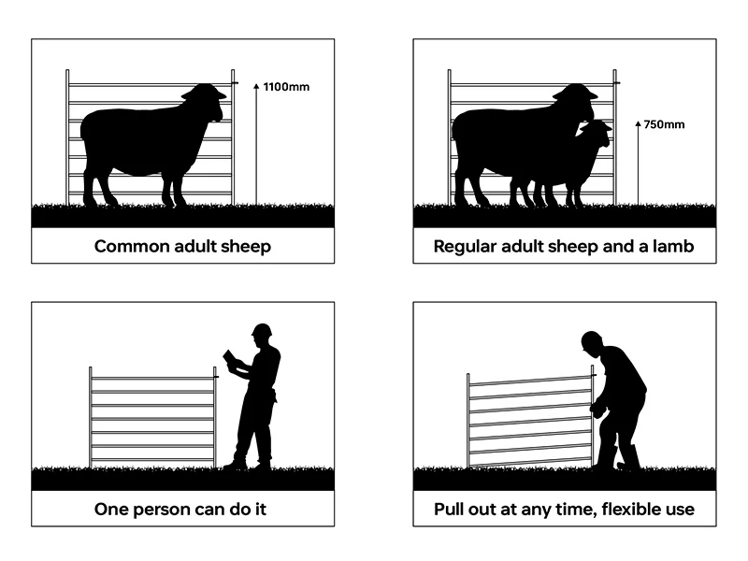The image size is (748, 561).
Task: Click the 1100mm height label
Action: [x=286, y=87]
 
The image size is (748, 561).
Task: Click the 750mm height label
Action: [x=664, y=124]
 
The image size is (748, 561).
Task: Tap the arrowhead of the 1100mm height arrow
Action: [x=256, y=86]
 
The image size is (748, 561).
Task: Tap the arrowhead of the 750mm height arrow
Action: [x=639, y=124]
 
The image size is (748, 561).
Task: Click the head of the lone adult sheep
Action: [x=205, y=100]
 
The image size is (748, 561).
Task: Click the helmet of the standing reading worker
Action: [x=262, y=330]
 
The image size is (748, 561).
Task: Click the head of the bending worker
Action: [x=592, y=343]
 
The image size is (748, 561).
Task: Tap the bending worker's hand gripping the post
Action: [x=597, y=409]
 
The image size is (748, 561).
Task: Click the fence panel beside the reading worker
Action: [x=153, y=417]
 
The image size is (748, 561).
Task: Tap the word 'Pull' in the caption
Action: [x=449, y=509]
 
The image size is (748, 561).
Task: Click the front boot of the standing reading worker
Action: [x=235, y=464]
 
